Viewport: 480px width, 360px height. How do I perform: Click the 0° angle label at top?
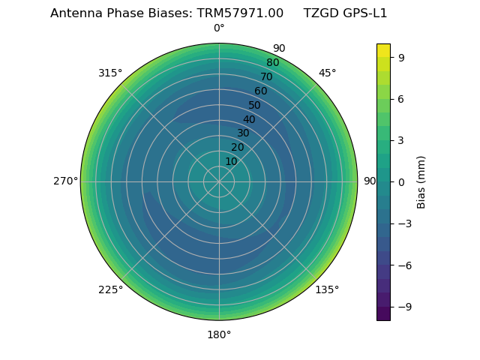tap(219, 28)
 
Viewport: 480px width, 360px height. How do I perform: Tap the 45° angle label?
tap(327, 73)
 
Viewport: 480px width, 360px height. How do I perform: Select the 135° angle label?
tap(327, 289)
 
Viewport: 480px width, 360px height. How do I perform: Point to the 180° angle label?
tap(219, 334)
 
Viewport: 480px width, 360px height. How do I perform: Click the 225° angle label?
tap(110, 289)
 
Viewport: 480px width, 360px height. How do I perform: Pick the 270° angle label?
tap(65, 181)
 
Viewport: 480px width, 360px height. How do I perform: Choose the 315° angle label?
tap(110, 73)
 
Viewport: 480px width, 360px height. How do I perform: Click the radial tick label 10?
tap(231, 161)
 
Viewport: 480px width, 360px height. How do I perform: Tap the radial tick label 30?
tap(243, 133)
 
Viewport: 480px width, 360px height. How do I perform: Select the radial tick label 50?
tap(255, 105)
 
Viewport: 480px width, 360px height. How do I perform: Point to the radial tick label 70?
tap(266, 76)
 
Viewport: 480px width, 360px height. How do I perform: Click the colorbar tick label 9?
tap(400, 57)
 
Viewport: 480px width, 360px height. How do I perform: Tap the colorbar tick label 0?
tap(400, 182)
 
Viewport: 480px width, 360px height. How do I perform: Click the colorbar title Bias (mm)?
tap(421, 182)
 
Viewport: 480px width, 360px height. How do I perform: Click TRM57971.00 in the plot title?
tap(240, 13)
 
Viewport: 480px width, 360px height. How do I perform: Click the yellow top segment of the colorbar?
tap(383, 50)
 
